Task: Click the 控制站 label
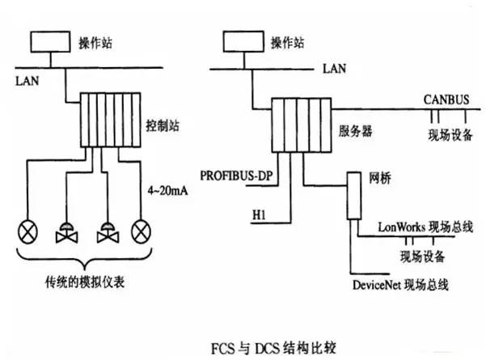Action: tap(163, 125)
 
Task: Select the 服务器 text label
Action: tap(355, 131)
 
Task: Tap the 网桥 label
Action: tap(380, 178)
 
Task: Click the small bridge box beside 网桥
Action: tap(354, 196)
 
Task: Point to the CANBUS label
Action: tap(446, 100)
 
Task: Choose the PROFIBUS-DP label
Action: tap(236, 176)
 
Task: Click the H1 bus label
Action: tap(259, 214)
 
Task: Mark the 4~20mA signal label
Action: tap(167, 190)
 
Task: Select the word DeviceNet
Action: tap(377, 285)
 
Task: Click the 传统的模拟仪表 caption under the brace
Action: tap(85, 282)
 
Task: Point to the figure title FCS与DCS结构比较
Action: tap(273, 348)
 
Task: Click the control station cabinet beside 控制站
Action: tap(111, 120)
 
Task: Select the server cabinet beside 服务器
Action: tap(302, 125)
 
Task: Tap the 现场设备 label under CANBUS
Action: tap(450, 135)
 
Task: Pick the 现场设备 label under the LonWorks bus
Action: tap(422, 256)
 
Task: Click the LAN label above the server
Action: tap(335, 68)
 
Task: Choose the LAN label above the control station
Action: tap(27, 81)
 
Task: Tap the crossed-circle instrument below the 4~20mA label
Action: tap(142, 231)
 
